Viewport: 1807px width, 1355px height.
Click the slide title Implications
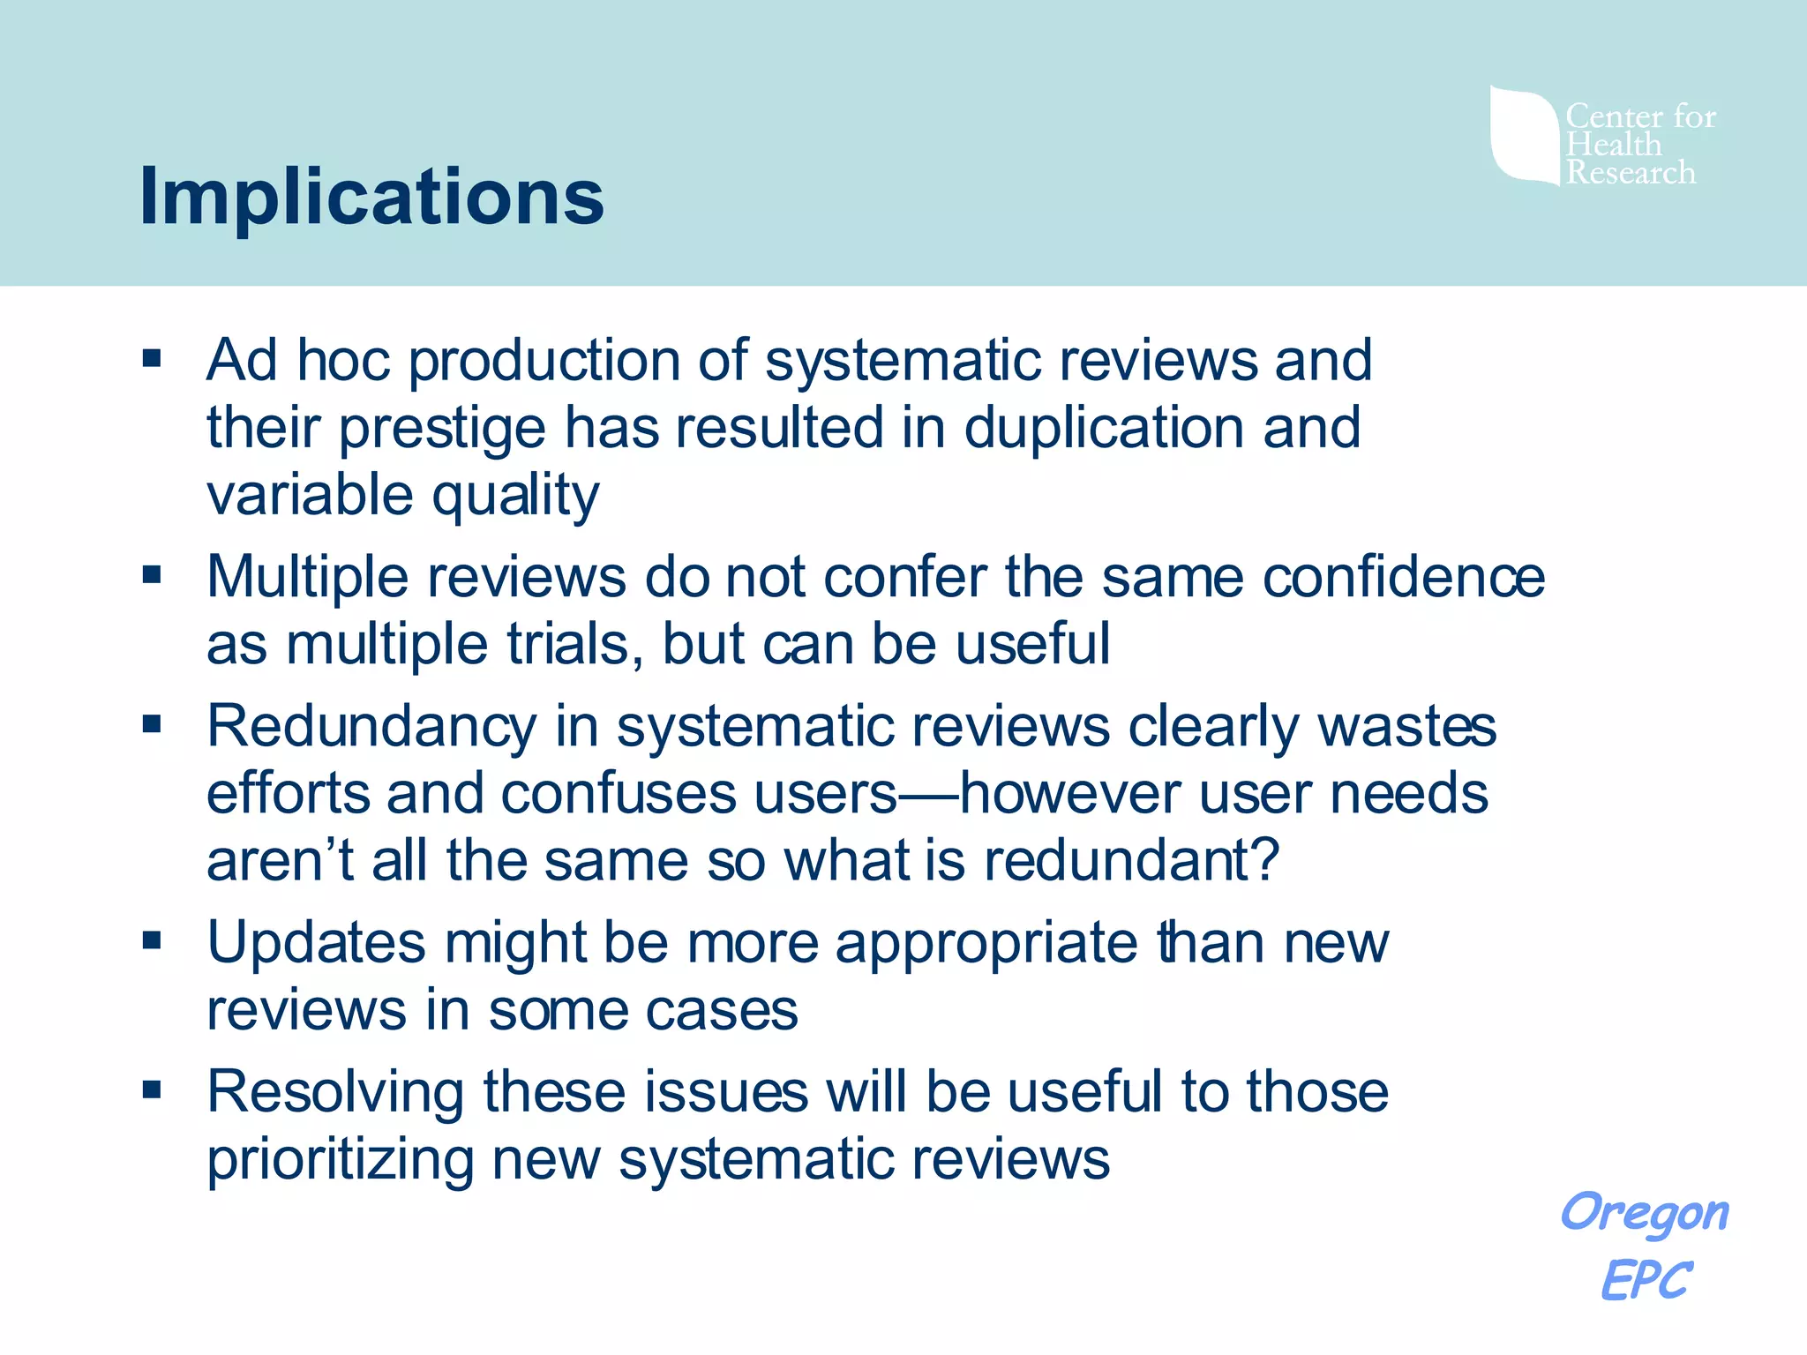(371, 196)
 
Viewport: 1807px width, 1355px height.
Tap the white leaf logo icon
(1524, 135)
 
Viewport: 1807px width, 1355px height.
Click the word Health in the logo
(1614, 144)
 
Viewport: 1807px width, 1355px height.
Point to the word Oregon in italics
(1645, 1213)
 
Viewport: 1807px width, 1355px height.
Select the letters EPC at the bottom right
(1646, 1280)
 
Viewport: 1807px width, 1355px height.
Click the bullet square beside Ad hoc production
(152, 358)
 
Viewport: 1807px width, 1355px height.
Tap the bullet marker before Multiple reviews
(152, 575)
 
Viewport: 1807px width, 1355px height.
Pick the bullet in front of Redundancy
(152, 724)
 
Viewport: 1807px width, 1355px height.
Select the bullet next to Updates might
(152, 940)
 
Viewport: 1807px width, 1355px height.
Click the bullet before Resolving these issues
(152, 1089)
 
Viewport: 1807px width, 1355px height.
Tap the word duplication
(1104, 428)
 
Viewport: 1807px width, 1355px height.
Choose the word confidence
(1404, 577)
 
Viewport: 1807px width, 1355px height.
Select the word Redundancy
(371, 727)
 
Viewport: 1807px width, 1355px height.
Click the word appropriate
(986, 944)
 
